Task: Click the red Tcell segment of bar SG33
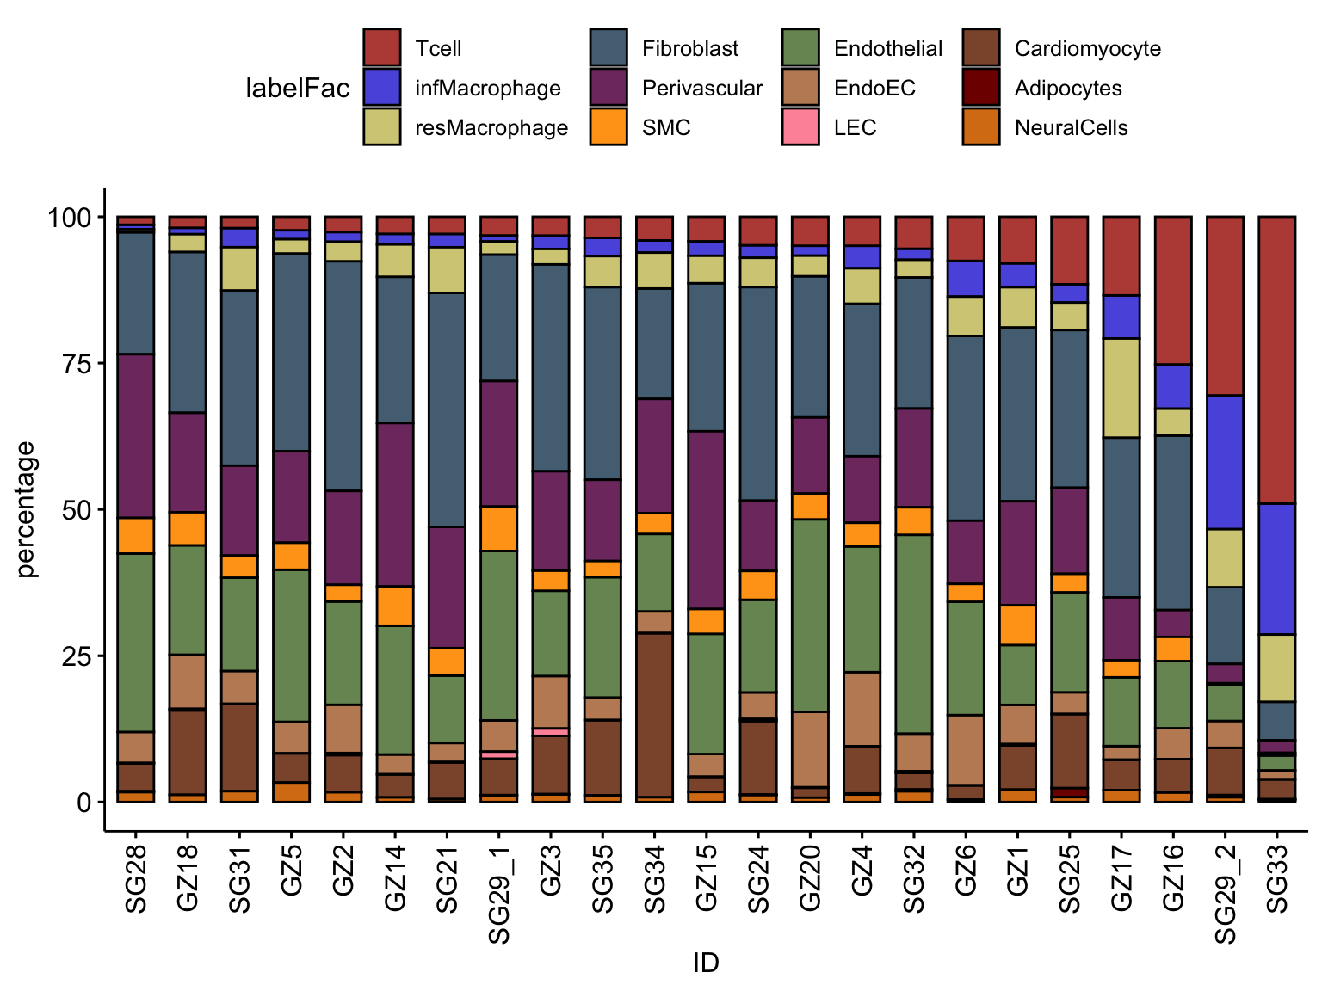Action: click(1276, 360)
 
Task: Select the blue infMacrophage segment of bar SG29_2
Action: click(1225, 462)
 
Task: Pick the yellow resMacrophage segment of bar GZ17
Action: click(1121, 388)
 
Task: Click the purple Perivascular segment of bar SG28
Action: click(136, 436)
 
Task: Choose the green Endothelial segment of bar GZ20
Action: click(810, 615)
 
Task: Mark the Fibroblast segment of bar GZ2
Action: click(343, 376)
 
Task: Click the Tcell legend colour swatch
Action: click(381, 48)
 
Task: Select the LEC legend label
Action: click(855, 128)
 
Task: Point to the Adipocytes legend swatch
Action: click(981, 88)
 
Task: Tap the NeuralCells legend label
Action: click(1071, 128)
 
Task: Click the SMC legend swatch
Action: click(608, 127)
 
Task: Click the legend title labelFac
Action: click(298, 89)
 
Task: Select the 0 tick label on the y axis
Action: click(84, 802)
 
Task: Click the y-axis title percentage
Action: click(27, 509)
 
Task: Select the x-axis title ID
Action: click(706, 963)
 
